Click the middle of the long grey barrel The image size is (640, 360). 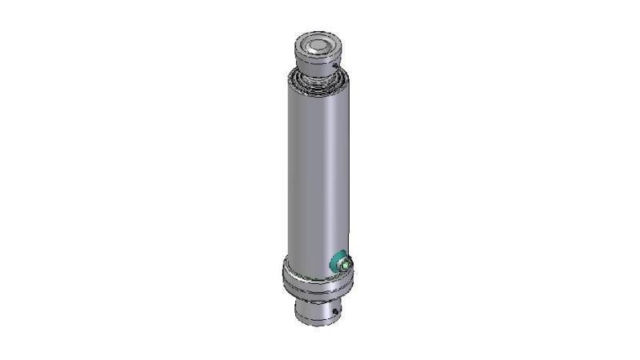click(x=318, y=176)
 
